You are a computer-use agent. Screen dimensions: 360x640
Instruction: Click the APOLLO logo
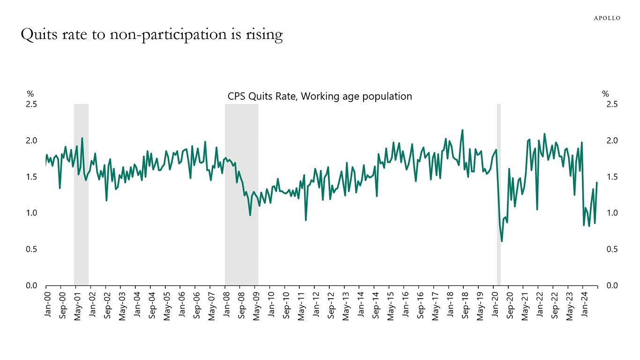point(607,18)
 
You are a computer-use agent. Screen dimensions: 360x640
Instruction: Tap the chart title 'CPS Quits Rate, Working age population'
point(320,97)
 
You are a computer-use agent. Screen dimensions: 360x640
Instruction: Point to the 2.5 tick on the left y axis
point(31,104)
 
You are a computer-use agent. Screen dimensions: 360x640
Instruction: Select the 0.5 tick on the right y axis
point(612,249)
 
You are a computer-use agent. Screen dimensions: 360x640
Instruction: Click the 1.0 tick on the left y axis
point(31,213)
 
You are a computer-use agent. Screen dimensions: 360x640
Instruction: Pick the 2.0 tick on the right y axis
point(612,141)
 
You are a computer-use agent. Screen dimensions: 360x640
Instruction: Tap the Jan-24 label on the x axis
point(583,303)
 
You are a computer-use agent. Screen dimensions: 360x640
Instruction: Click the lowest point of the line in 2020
point(502,241)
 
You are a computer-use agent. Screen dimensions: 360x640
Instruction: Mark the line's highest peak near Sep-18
point(462,130)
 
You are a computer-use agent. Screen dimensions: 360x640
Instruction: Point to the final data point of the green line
point(597,182)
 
